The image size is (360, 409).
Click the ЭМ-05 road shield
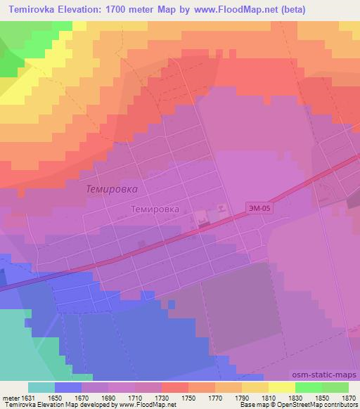[x=257, y=208]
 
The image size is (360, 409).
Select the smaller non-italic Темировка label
[x=155, y=209]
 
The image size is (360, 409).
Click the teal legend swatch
[x=41, y=387]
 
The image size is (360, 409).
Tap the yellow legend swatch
[x=281, y=387]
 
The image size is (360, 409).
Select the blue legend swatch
[x=67, y=387]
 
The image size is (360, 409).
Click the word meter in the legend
[x=8, y=397]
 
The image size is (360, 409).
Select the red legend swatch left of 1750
[x=174, y=387]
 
